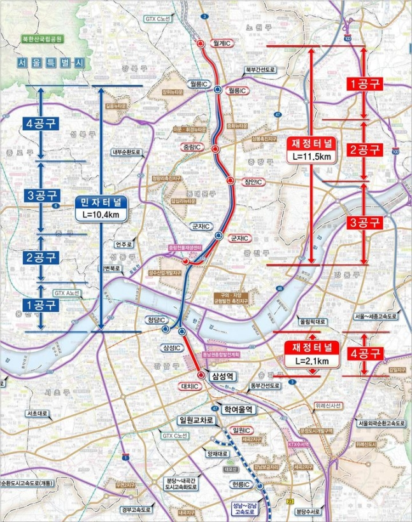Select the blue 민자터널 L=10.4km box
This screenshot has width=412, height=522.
click(x=102, y=208)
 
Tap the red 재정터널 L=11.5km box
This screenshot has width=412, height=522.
click(x=312, y=149)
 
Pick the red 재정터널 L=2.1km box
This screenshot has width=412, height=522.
click(x=312, y=355)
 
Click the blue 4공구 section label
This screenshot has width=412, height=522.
click(x=39, y=123)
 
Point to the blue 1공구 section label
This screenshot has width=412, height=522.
click(x=39, y=305)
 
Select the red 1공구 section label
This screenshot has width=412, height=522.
click(x=364, y=83)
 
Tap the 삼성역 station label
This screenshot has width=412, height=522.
click(x=223, y=376)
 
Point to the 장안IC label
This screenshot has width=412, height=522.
click(x=253, y=182)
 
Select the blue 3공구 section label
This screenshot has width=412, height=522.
click(x=39, y=195)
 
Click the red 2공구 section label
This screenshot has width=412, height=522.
click(x=364, y=150)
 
